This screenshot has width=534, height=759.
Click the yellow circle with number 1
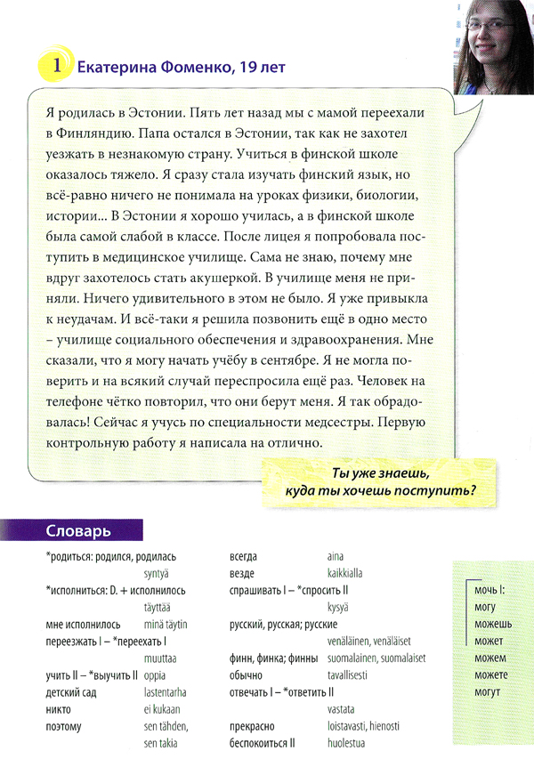pos(56,65)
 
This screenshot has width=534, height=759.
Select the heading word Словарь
pos(78,532)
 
